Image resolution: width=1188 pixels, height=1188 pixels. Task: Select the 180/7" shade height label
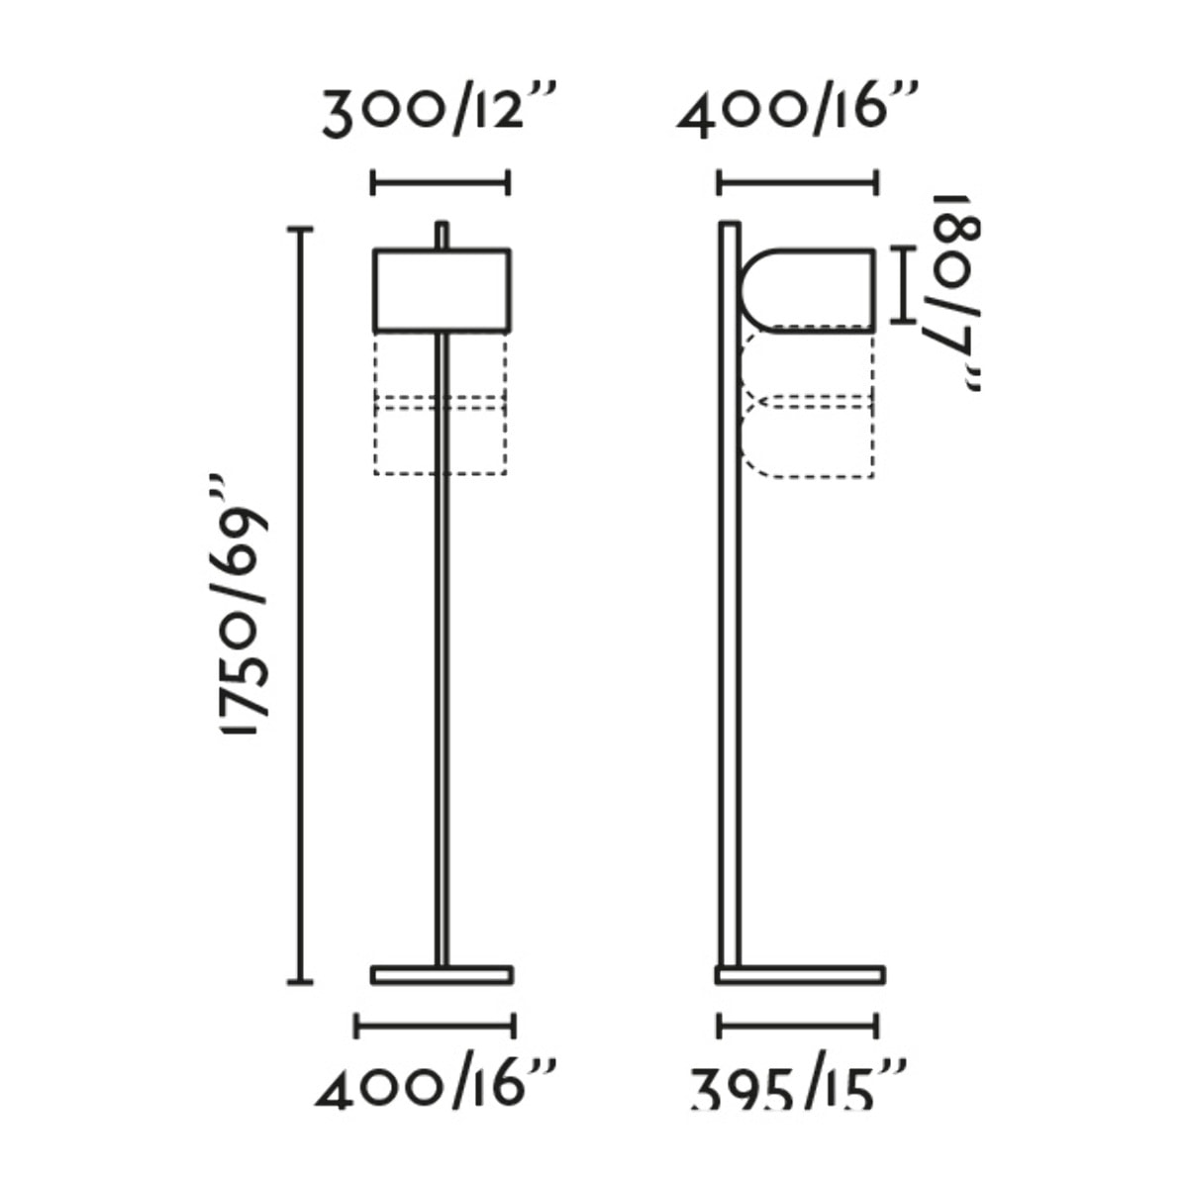955,293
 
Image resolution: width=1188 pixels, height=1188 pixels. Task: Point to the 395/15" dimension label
798,1086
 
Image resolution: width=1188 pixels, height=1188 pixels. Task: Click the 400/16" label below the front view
436,1084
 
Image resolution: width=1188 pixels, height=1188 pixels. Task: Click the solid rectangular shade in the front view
442,290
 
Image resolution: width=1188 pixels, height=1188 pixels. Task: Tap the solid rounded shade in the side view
808,290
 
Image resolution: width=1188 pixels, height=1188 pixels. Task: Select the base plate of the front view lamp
442,974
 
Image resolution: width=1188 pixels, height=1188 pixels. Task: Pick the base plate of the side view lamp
800,974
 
